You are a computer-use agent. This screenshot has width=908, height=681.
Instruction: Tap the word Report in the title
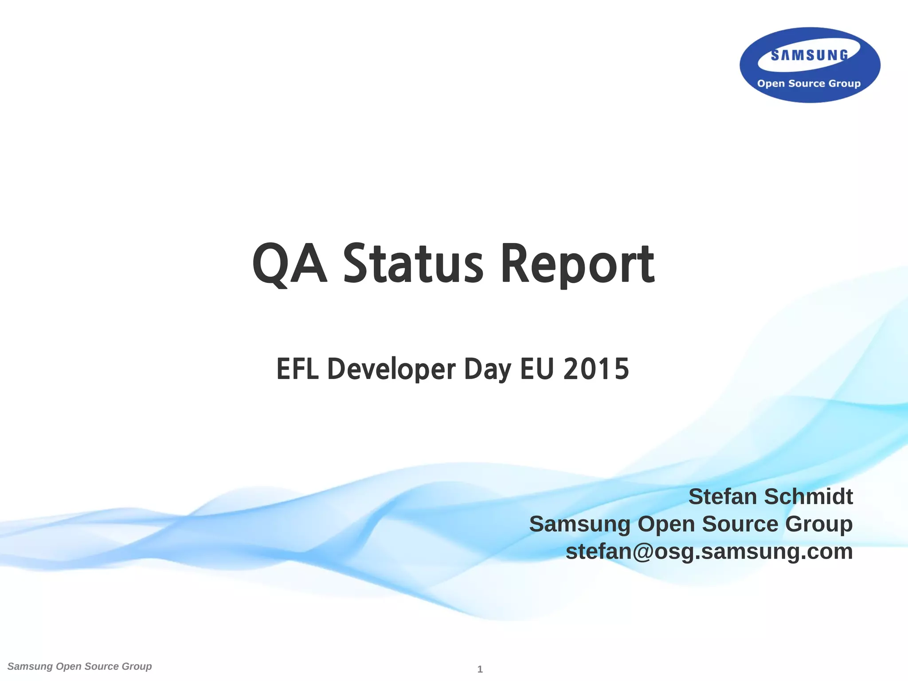point(577,264)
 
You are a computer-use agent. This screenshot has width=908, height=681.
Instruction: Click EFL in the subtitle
point(297,369)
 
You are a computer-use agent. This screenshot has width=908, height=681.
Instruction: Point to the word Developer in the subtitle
point(391,370)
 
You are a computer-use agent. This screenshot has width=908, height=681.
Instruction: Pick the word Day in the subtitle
point(487,370)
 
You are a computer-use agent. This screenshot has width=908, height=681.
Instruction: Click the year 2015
point(596,369)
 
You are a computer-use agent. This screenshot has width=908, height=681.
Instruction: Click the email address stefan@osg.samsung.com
point(709,552)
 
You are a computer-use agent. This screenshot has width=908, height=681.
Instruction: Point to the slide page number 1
point(480,669)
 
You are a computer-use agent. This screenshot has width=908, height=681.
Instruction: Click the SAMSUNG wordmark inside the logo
point(810,55)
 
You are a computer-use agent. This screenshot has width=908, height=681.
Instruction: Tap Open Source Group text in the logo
point(809,83)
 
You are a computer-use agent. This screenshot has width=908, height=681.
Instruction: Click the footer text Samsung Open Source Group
point(80,666)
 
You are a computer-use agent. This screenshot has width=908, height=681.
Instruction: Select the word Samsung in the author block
point(579,524)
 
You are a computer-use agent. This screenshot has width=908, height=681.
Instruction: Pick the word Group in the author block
point(819,524)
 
